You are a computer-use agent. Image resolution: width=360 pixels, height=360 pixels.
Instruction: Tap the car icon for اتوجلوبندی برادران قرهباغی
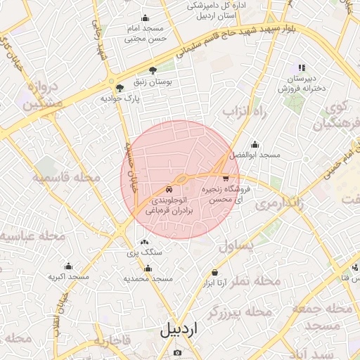point(169,189)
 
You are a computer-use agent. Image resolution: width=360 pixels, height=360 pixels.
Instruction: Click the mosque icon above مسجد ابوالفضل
point(255,144)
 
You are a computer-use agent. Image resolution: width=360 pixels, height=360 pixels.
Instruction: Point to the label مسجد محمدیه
point(148,279)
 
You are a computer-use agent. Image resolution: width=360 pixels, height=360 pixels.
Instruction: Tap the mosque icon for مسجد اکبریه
point(68,266)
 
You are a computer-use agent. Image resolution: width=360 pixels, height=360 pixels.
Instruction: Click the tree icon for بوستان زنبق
point(153,70)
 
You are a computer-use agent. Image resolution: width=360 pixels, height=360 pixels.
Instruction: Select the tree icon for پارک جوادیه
point(120,89)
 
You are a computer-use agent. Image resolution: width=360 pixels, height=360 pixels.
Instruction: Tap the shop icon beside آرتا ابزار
point(214,273)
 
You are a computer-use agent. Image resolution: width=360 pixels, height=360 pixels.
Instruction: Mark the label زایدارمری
point(279,204)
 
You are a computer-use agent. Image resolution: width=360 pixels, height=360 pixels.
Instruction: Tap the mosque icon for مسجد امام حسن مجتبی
point(145,18)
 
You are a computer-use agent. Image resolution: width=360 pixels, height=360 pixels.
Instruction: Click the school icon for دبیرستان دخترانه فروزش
point(302,68)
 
